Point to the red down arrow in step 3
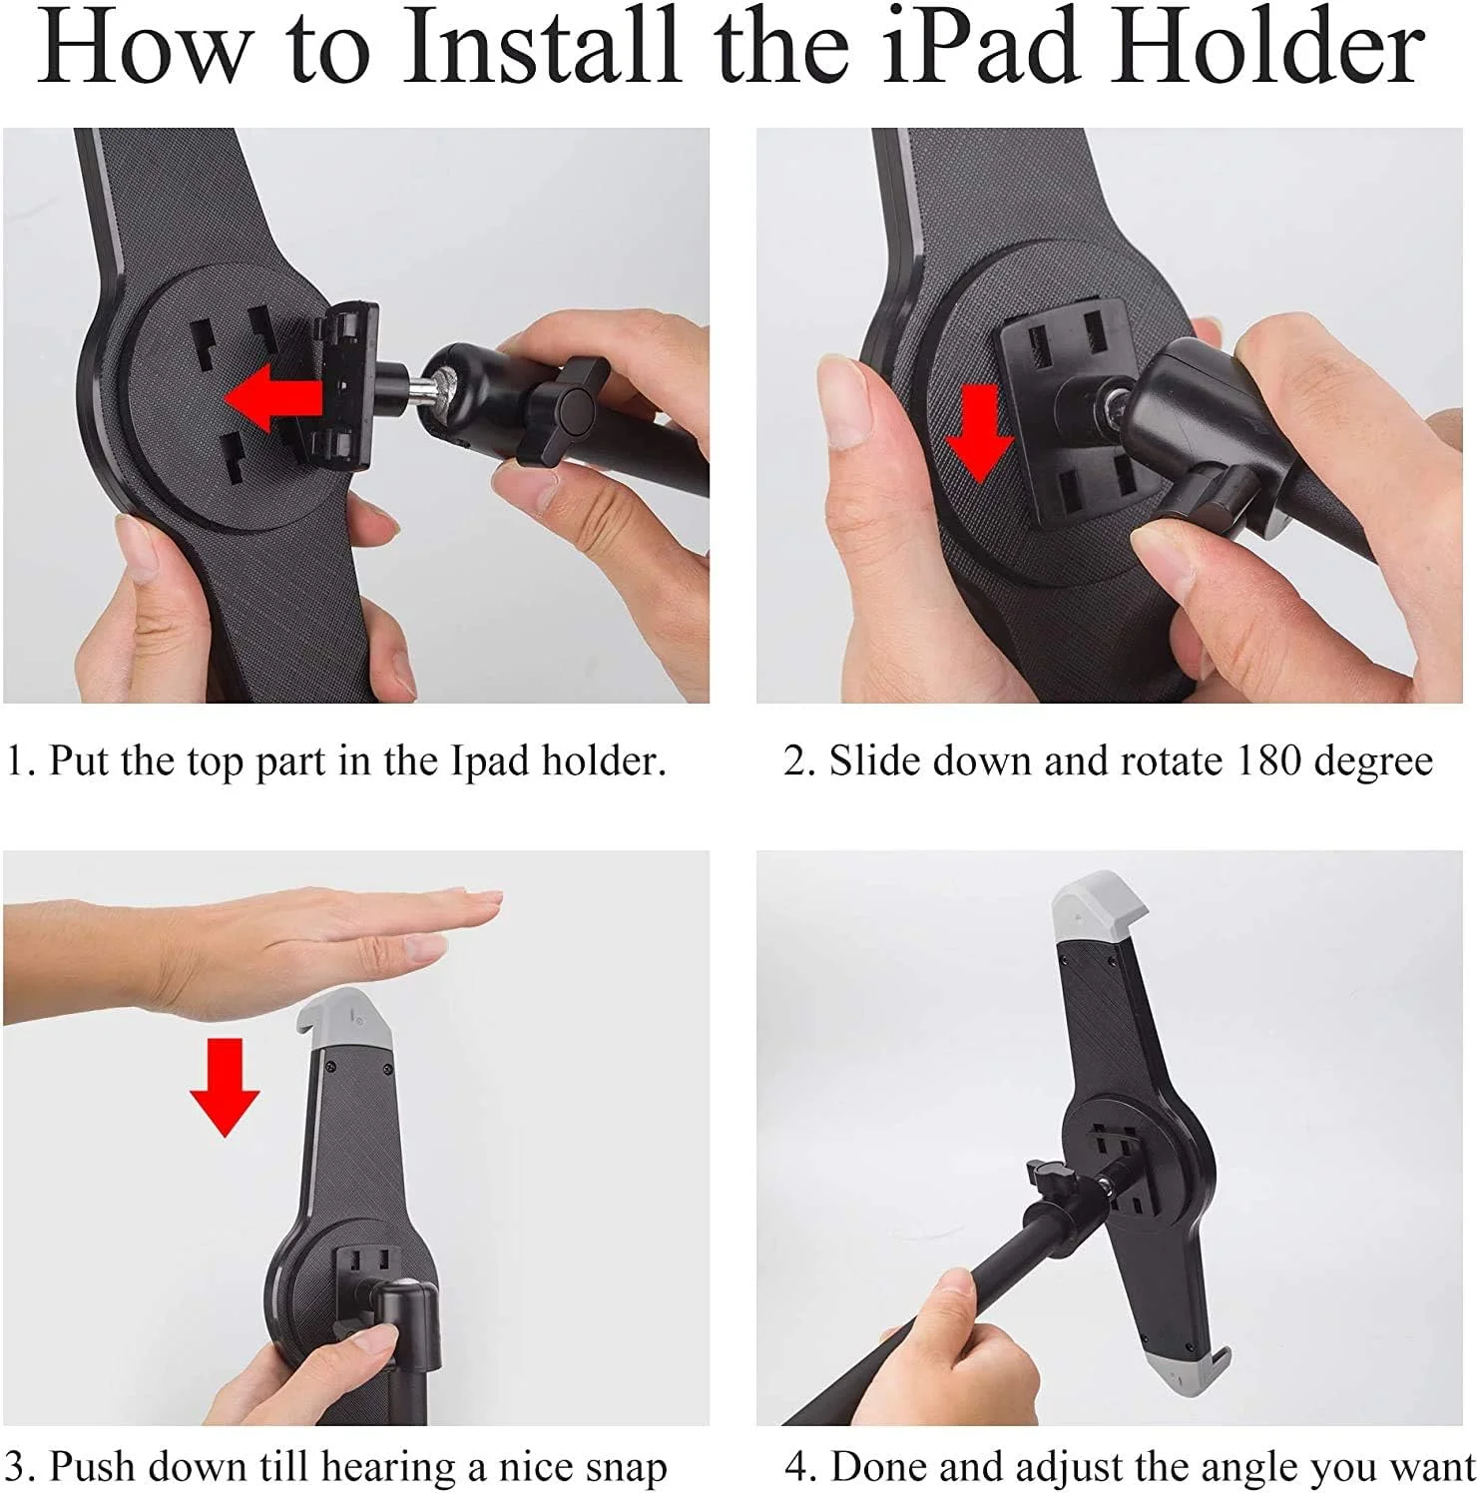pyautogui.click(x=225, y=1087)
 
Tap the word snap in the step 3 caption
pyautogui.click(x=622, y=1469)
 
